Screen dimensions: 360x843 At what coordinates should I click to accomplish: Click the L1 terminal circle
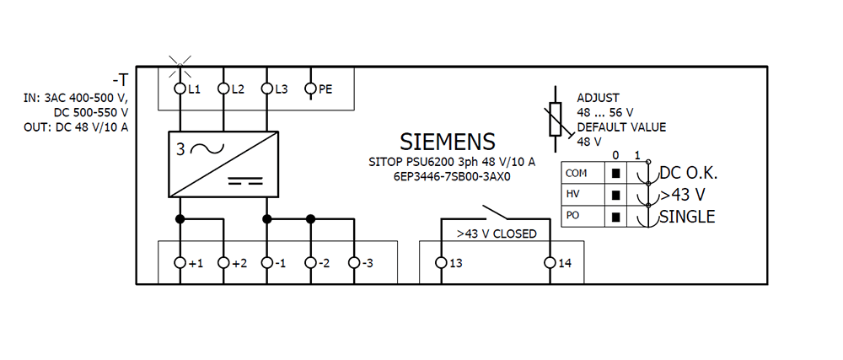[179, 88]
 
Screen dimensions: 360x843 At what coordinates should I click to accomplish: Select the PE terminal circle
[310, 88]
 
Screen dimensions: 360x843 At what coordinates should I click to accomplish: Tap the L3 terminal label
[282, 89]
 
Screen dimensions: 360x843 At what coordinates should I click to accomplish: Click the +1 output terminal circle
[179, 263]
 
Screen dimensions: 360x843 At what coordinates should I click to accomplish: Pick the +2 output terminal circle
[223, 263]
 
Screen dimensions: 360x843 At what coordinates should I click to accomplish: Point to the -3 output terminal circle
[354, 263]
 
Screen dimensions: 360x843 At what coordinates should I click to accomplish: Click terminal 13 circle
[440, 263]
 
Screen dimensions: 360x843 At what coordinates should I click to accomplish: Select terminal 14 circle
[550, 263]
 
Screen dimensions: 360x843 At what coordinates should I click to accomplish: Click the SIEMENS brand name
[447, 141]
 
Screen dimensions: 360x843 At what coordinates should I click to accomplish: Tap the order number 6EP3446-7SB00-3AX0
[453, 177]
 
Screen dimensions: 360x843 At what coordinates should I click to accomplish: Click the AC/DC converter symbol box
[223, 163]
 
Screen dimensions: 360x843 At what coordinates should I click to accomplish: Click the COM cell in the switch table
[577, 173]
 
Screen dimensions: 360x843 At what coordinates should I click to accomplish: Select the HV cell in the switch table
[577, 195]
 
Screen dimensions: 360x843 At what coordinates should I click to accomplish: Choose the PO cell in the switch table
[577, 217]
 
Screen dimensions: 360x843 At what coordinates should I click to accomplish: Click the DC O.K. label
[688, 174]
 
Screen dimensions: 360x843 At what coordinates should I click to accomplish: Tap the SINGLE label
[687, 217]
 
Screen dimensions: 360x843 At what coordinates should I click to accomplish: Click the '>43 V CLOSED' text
[497, 234]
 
